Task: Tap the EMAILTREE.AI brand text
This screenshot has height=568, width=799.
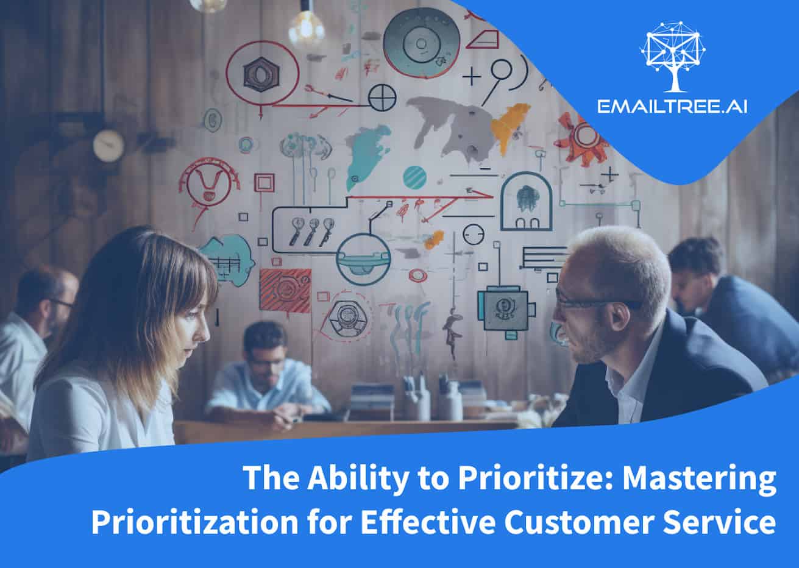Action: (672, 107)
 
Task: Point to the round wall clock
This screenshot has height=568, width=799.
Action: (108, 146)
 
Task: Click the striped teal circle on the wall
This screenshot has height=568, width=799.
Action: (415, 177)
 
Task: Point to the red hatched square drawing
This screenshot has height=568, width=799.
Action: (285, 289)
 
